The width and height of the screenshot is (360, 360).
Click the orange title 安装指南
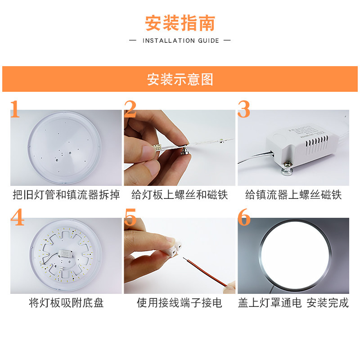coord(180,23)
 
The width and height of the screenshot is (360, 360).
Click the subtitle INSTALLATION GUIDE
coord(180,40)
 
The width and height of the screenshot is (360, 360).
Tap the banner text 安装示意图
coord(180,80)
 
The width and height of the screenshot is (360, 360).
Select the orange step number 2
coord(130,109)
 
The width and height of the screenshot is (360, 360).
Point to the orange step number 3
coord(244,109)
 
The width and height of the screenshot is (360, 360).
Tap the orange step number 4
coord(17,218)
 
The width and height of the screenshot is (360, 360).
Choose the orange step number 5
coord(130,218)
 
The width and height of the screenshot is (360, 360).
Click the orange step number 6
coord(244,218)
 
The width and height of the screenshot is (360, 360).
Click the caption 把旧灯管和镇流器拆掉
coord(66,195)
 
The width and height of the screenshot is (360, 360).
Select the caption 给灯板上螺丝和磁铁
coord(180,195)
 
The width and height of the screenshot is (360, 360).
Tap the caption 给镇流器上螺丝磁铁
coord(293,195)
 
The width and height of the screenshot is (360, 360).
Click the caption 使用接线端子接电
coord(180,303)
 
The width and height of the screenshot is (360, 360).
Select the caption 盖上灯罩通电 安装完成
coord(293,303)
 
